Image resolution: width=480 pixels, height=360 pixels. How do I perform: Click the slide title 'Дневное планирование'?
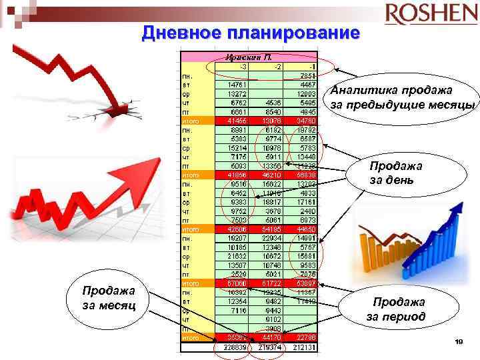click(x=251, y=33)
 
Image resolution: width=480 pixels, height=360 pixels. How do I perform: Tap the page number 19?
click(x=458, y=342)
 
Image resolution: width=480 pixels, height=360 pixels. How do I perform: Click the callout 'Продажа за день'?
click(x=397, y=173)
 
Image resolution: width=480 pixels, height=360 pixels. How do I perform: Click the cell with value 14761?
click(x=238, y=85)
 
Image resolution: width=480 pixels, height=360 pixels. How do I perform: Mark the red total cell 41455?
click(x=237, y=121)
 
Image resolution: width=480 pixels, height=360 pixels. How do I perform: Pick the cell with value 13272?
click(x=238, y=93)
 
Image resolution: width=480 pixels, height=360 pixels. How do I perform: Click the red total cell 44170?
click(x=272, y=337)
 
